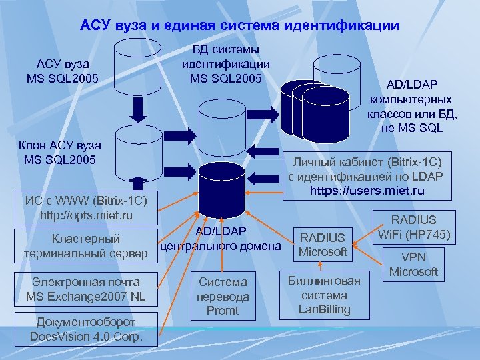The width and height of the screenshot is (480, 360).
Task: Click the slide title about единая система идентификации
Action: (x=239, y=26)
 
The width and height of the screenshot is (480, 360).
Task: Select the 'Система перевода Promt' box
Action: (x=223, y=296)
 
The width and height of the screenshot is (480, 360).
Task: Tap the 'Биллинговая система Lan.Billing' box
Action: (x=324, y=295)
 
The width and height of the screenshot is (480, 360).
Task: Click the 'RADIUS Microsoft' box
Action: (x=323, y=245)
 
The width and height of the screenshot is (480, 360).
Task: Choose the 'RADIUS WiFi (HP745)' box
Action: (x=414, y=227)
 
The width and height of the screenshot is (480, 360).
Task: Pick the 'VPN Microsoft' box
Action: (x=413, y=265)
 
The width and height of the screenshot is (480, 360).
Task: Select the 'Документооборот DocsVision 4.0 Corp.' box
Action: (x=87, y=329)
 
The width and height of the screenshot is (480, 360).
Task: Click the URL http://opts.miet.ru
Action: (x=86, y=215)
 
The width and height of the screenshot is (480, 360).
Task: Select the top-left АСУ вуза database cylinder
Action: (x=137, y=66)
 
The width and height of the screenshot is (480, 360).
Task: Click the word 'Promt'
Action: (x=223, y=310)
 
